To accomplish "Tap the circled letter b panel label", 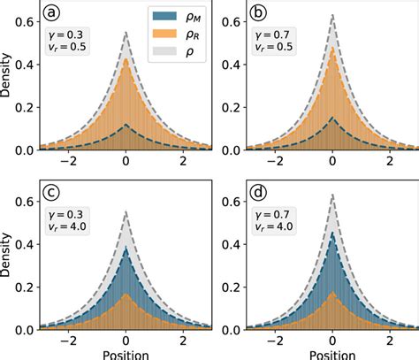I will click(x=262, y=13).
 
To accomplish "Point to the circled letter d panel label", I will click(x=262, y=194).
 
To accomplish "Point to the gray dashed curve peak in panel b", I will click(x=331, y=14).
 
